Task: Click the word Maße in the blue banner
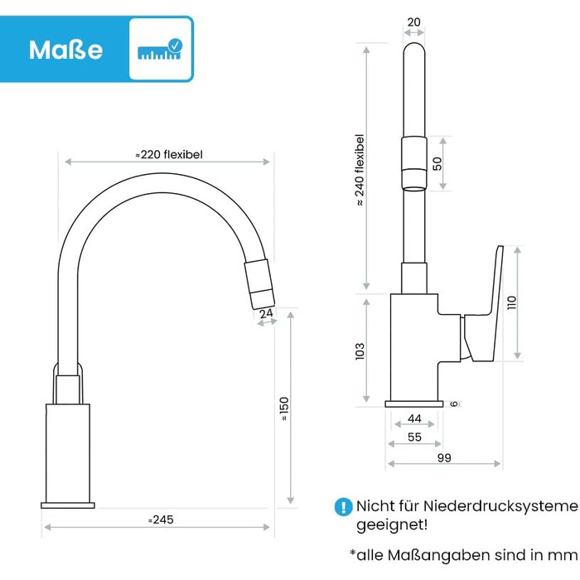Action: point(65,50)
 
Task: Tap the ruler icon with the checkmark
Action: point(160,49)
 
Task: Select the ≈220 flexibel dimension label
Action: point(169,154)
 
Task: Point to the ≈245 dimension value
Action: point(161,520)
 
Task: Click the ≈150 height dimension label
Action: point(283,408)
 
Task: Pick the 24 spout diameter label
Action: point(266,314)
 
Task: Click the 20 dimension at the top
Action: point(414,22)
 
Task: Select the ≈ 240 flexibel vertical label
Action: point(359,170)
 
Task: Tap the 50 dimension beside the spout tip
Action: point(437,163)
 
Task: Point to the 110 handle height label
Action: point(511,303)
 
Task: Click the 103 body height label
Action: point(360,351)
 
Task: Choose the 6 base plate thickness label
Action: point(455,404)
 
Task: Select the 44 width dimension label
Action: point(414,418)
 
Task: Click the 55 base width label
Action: point(414,437)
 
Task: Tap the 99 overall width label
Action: point(444,457)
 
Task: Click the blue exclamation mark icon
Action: point(343,506)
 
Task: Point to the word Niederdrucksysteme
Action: point(500,505)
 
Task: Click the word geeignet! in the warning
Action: point(392,524)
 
